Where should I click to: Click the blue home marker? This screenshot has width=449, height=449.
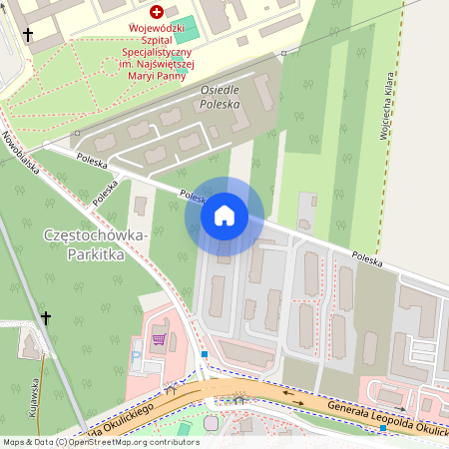click(x=224, y=215)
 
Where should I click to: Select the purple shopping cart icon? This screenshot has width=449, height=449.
click(x=159, y=339)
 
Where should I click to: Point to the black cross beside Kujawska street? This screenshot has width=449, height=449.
click(x=45, y=317)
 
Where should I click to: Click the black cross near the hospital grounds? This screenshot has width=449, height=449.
click(x=28, y=35)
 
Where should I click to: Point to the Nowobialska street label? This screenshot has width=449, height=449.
click(x=20, y=152)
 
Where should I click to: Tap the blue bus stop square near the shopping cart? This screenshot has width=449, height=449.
click(x=205, y=353)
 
